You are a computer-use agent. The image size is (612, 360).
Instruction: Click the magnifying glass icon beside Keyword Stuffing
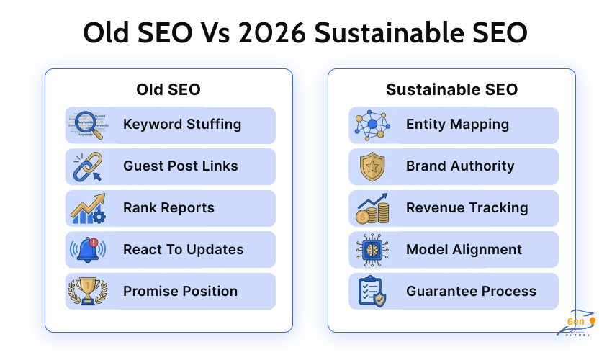tap(87, 125)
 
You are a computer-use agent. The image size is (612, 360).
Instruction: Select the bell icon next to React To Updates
tap(87, 250)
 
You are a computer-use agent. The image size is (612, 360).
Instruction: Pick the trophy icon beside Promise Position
tap(87, 291)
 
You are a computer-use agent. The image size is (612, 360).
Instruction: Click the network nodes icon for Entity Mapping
tap(372, 125)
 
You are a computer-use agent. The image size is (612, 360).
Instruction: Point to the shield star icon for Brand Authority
tap(372, 166)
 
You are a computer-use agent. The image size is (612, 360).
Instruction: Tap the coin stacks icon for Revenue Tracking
tap(372, 208)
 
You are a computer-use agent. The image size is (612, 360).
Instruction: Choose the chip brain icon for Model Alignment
tap(372, 250)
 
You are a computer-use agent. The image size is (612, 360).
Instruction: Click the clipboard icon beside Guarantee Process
tap(372, 291)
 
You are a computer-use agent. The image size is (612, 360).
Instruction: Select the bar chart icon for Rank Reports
tap(87, 208)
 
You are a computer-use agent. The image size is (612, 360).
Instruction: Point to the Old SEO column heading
tap(168, 90)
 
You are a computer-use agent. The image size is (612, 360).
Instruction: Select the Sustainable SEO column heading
tap(451, 90)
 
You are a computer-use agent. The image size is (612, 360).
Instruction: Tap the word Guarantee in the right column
tap(439, 292)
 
